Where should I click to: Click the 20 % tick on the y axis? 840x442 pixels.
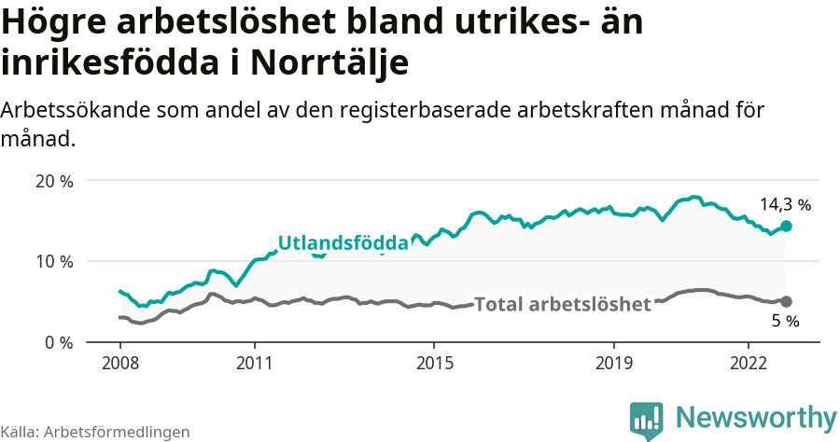click(x=53, y=181)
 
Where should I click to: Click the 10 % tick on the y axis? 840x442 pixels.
click(x=53, y=261)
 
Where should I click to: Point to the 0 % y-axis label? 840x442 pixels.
click(x=58, y=342)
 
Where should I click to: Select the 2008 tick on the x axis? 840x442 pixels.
click(x=120, y=362)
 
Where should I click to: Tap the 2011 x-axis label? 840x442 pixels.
click(x=254, y=362)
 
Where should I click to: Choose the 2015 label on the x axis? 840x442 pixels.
click(x=434, y=362)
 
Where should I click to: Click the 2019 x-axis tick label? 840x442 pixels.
click(x=614, y=362)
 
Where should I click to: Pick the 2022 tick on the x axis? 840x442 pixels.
click(x=749, y=362)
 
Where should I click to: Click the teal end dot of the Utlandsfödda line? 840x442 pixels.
click(x=786, y=227)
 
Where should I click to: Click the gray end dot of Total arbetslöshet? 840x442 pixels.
click(x=786, y=301)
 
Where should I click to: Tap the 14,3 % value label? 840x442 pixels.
click(x=785, y=204)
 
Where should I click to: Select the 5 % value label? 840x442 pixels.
click(x=785, y=321)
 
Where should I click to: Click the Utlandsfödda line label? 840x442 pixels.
click(x=343, y=243)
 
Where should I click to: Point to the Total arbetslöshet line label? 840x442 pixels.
click(x=562, y=305)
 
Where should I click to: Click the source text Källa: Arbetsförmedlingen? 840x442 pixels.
click(x=95, y=432)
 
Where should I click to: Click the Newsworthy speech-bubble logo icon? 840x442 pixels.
click(x=647, y=421)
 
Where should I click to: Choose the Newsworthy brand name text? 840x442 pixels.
click(x=756, y=417)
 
